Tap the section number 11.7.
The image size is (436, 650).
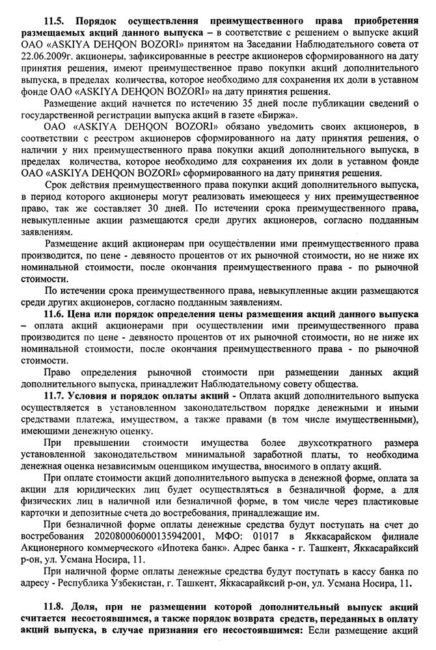(x=55, y=396)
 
